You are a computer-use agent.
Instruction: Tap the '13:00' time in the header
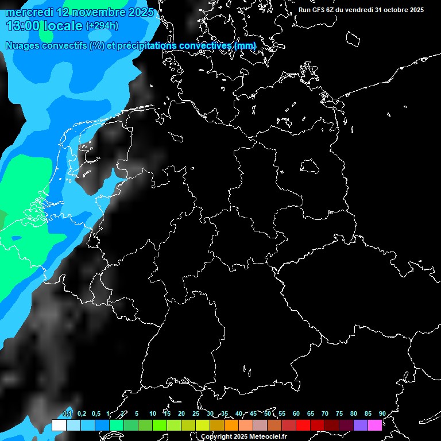pyautogui.click(x=23, y=26)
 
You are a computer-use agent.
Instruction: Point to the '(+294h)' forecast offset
pyautogui.click(x=102, y=26)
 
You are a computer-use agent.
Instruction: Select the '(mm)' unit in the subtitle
pyautogui.click(x=245, y=45)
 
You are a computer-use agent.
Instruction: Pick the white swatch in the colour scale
pyautogui.click(x=59, y=425)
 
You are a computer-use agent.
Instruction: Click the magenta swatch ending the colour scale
pyautogui.click(x=375, y=425)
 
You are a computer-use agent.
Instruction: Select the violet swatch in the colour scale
pyautogui.click(x=361, y=425)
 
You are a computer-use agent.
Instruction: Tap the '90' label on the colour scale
pyautogui.click(x=382, y=413)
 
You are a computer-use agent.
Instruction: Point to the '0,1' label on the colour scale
pyautogui.click(x=67, y=413)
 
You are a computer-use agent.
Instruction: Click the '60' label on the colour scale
pyautogui.click(x=296, y=413)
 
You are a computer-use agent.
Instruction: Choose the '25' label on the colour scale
pyautogui.click(x=196, y=413)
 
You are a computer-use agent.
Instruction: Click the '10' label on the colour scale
pyautogui.click(x=153, y=413)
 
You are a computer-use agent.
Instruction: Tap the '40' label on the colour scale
pyautogui.click(x=239, y=413)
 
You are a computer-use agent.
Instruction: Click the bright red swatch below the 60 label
pyautogui.click(x=303, y=425)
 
